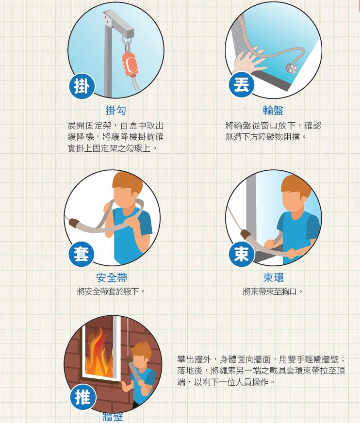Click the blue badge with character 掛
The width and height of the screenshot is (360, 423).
click(x=82, y=87)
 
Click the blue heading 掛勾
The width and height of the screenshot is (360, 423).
click(x=115, y=111)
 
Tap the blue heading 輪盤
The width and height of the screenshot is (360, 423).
click(x=273, y=111)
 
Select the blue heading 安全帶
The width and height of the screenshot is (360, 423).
click(x=112, y=278)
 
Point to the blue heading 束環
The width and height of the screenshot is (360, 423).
click(x=273, y=278)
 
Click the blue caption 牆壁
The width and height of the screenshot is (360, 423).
click(x=113, y=417)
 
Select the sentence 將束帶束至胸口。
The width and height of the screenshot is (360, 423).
click(x=273, y=292)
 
